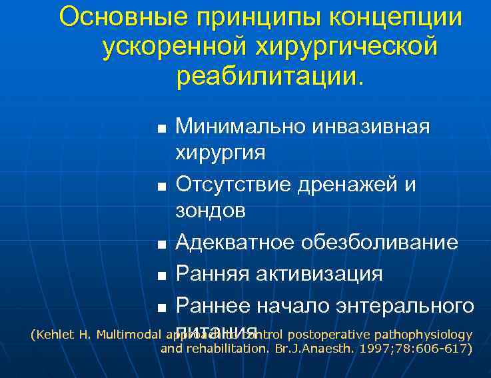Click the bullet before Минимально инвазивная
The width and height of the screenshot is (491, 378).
tap(161, 127)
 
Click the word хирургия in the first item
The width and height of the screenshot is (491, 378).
tap(220, 153)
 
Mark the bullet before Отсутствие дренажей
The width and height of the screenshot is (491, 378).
tap(161, 185)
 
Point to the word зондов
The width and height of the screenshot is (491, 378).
tap(210, 211)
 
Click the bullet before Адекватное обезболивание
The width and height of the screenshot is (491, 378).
tap(161, 245)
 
